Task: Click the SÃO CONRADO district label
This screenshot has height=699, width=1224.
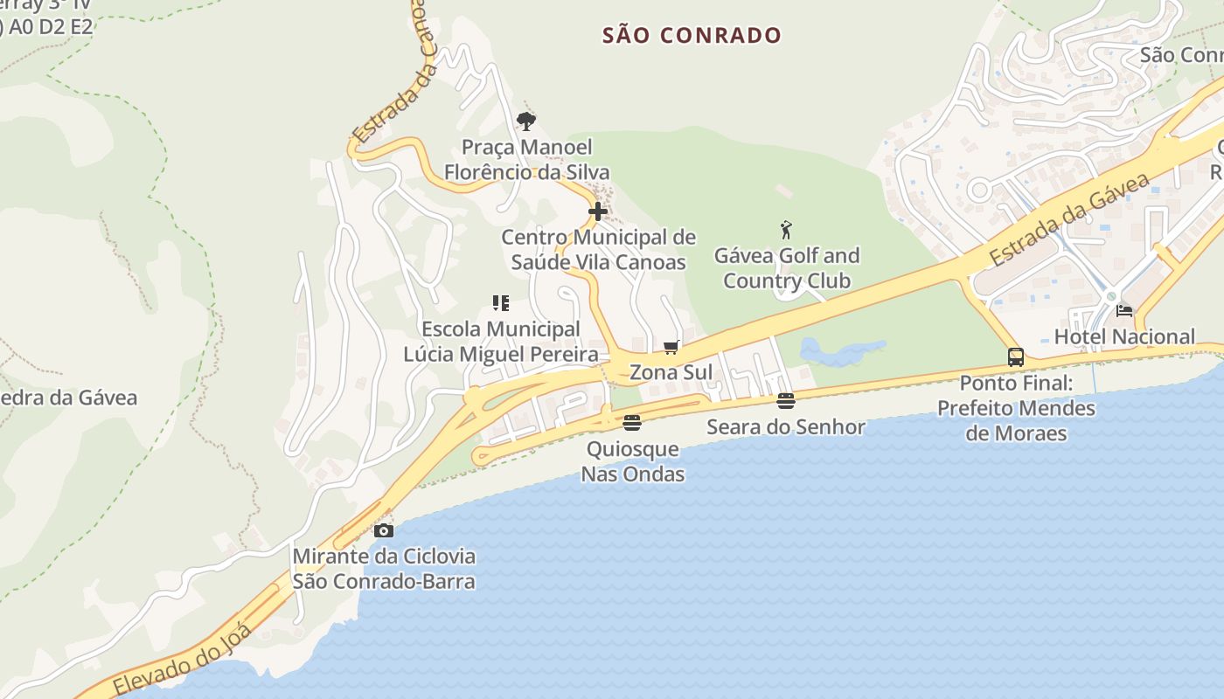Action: [x=692, y=36]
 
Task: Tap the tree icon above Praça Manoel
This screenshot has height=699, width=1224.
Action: [x=526, y=121]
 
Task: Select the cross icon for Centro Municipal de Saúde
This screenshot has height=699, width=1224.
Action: [x=598, y=211]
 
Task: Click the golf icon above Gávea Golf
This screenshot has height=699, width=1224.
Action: [x=786, y=231]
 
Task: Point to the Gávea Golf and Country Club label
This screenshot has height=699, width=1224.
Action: [x=786, y=268]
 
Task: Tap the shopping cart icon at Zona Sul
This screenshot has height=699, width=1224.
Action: [x=671, y=348]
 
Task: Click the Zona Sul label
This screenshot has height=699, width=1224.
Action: [x=671, y=372]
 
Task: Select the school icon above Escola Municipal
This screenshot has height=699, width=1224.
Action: [x=500, y=303]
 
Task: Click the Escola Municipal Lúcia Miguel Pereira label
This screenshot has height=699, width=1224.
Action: [x=500, y=342]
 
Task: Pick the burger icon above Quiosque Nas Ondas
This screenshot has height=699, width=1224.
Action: [x=632, y=423]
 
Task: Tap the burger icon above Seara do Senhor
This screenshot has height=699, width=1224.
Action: [x=786, y=401]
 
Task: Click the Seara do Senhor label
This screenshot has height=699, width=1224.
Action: [x=785, y=427]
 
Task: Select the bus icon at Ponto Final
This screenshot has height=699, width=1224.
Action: [x=1015, y=357]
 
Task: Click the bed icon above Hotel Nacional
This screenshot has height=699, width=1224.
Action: [x=1124, y=310]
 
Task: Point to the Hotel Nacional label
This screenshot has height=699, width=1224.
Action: [x=1123, y=336]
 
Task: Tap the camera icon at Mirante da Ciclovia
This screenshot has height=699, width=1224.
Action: [x=383, y=530]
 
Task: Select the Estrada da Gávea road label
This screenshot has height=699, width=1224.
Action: [x=1070, y=219]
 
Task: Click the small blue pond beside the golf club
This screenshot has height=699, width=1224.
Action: [x=839, y=352]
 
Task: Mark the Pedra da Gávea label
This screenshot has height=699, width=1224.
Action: [x=70, y=398]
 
